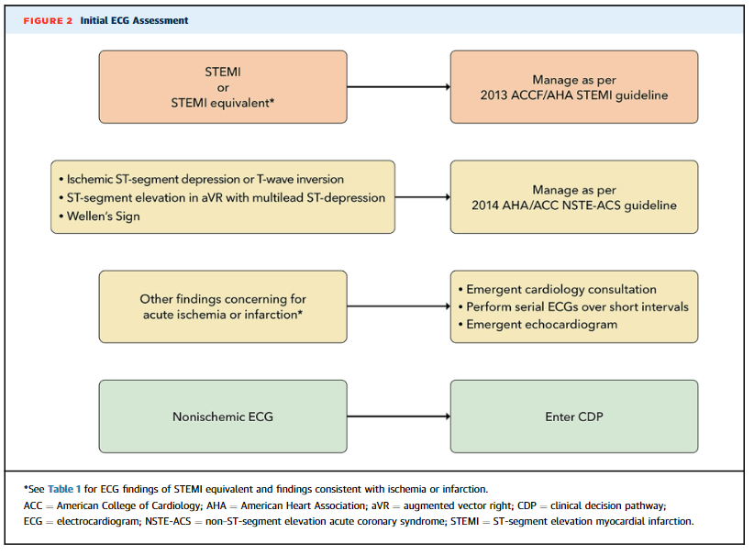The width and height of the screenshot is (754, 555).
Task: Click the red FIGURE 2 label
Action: (48, 21)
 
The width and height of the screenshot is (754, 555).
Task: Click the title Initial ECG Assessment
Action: (134, 21)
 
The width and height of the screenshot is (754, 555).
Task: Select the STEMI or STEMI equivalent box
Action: (223, 87)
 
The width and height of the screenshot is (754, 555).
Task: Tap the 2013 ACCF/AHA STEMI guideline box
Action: (574, 87)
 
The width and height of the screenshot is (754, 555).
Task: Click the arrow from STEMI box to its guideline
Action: (399, 87)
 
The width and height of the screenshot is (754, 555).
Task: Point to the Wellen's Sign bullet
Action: (100, 216)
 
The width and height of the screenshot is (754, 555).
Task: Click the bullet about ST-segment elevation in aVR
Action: (222, 197)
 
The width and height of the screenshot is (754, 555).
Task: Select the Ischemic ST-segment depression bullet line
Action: (202, 180)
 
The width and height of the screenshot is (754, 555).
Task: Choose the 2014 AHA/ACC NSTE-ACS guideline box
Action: (574, 197)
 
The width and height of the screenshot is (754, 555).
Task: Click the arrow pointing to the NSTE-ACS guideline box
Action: (423, 197)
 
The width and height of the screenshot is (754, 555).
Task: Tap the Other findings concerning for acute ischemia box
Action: (223, 306)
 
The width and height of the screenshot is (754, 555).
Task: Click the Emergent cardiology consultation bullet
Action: (558, 290)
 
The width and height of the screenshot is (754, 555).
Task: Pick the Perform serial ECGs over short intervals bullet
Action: (573, 306)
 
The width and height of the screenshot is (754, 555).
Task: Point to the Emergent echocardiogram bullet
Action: (538, 325)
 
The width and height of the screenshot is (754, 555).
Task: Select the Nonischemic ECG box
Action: (223, 416)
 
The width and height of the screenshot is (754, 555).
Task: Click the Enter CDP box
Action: (574, 416)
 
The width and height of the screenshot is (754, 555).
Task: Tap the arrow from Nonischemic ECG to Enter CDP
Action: (399, 416)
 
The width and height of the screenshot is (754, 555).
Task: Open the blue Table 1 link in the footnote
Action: (64, 489)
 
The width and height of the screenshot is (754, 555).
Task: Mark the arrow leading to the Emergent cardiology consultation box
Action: (399, 306)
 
